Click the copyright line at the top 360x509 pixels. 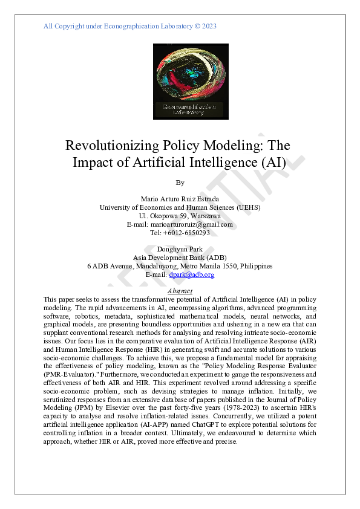[130, 26]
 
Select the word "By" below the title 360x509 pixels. [180, 182]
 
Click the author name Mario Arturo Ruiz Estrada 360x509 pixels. [180, 199]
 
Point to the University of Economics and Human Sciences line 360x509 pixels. [180, 207]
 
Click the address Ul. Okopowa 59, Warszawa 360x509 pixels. [180, 216]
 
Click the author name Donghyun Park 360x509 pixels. [180, 249]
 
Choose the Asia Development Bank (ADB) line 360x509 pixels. [180, 258]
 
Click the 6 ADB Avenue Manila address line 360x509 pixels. [180, 266]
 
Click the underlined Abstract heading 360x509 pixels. [180, 291]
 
